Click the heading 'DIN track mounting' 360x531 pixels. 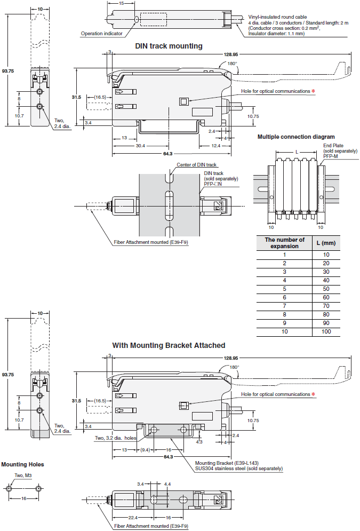click(x=169, y=46)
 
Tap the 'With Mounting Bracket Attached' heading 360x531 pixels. click(x=169, y=345)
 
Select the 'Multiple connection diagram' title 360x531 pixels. click(x=296, y=137)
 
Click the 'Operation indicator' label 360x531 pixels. click(x=101, y=34)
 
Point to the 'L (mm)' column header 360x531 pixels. click(x=326, y=243)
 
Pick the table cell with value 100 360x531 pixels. click(x=326, y=331)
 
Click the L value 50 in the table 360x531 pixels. click(x=326, y=289)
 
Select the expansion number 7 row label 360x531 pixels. click(x=284, y=306)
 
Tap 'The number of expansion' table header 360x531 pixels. click(x=284, y=243)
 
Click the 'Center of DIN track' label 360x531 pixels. click(x=197, y=165)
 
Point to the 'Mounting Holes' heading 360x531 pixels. click(x=23, y=464)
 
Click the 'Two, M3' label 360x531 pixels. click(x=23, y=475)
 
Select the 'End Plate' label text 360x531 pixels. click(x=333, y=146)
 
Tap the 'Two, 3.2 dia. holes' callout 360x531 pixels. click(x=115, y=438)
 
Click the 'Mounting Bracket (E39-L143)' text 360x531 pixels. click(x=227, y=463)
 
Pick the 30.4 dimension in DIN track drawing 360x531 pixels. click(x=140, y=146)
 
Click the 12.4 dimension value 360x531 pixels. click(x=216, y=146)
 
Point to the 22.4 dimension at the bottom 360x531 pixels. click(x=133, y=518)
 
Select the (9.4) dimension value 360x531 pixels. click(x=145, y=450)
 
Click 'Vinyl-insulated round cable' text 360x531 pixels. click(x=277, y=17)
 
